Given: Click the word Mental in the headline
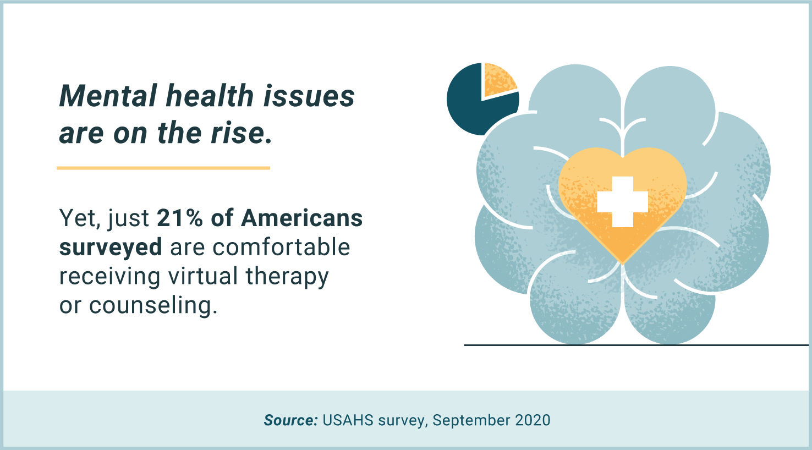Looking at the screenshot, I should (108, 96).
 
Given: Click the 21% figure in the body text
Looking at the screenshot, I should (179, 218).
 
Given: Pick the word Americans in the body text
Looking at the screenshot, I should (301, 218).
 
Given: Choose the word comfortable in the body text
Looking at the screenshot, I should (281, 248).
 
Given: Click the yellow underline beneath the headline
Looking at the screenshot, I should (163, 168).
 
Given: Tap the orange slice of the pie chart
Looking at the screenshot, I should (498, 79).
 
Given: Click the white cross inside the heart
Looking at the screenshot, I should (623, 202).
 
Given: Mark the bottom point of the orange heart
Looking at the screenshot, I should (622, 261).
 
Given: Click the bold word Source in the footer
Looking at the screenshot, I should (290, 420).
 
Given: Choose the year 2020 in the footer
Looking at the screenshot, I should (533, 420).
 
